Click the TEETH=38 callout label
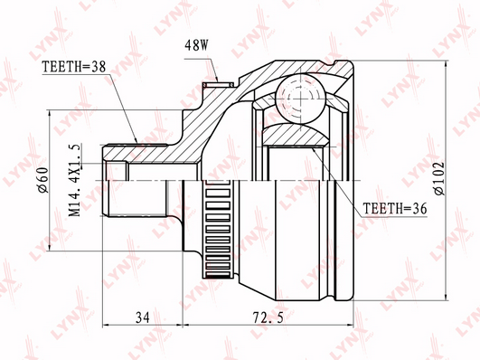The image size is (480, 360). [74, 67]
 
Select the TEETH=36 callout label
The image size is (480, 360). [395, 208]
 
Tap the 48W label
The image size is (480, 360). [196, 45]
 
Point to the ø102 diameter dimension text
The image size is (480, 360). [439, 178]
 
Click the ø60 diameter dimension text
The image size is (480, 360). [43, 180]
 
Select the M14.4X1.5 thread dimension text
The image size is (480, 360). [74, 180]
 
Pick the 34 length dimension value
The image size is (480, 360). [143, 317]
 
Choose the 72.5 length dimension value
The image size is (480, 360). [268, 317]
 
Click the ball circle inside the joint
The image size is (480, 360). [300, 99]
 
